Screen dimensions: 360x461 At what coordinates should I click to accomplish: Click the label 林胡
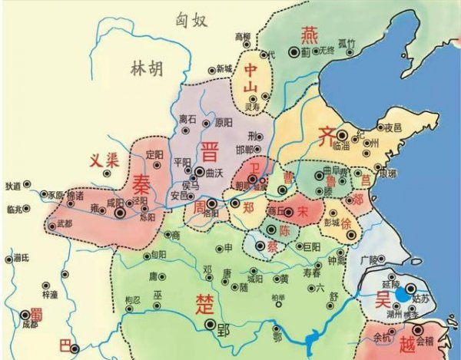coord(146,70)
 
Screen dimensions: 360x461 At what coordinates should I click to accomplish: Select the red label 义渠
coord(102,160)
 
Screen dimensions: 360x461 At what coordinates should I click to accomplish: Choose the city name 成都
coord(31,325)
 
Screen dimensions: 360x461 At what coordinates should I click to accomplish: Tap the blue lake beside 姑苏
coord(403,294)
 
